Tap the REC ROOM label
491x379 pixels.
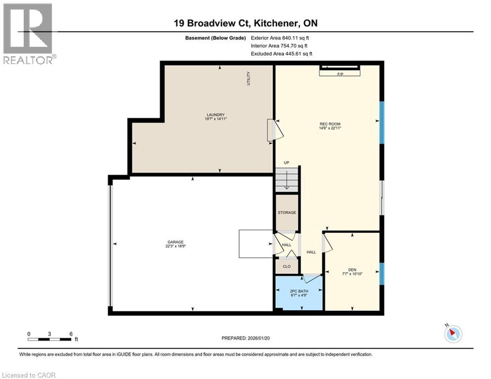330,124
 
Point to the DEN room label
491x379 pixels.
352,269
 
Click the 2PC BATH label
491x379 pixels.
299,291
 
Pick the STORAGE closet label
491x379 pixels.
287,213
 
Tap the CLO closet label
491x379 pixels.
287,266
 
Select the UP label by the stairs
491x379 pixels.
286,163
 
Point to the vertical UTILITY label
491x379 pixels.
249,79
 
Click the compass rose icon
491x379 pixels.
453,334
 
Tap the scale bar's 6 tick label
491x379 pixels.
71,334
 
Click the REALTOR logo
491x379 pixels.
28,34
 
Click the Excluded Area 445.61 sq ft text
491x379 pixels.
281,54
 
